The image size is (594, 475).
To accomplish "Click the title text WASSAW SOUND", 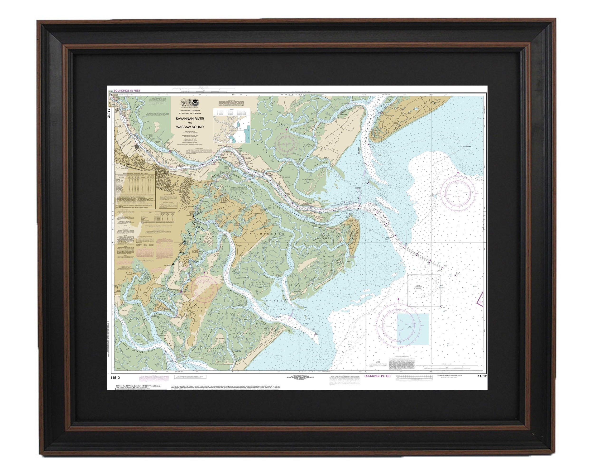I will click(x=190, y=127).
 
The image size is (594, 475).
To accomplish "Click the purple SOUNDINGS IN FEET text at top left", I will click(x=127, y=91).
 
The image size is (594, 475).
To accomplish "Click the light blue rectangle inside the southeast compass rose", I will click(x=413, y=329).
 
